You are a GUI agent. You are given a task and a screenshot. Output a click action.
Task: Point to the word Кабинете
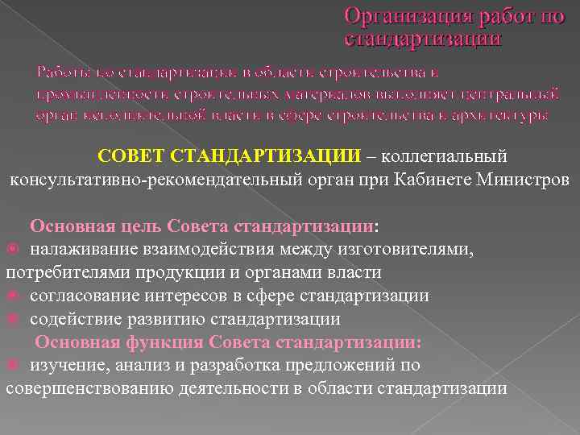[x=433, y=177]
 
